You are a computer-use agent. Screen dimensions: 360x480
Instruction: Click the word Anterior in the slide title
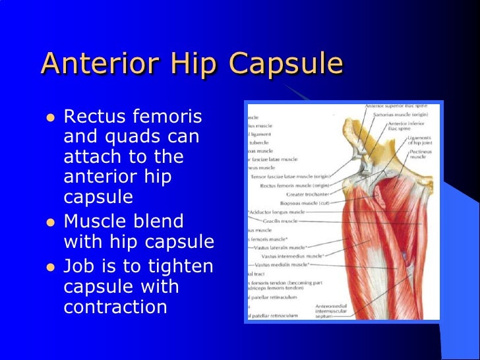[94, 64]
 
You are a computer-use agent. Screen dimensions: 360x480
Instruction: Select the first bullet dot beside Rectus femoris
[49, 119]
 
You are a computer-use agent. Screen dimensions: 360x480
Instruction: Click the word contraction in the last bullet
[115, 307]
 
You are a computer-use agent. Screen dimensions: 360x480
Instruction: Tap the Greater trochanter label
[308, 195]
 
